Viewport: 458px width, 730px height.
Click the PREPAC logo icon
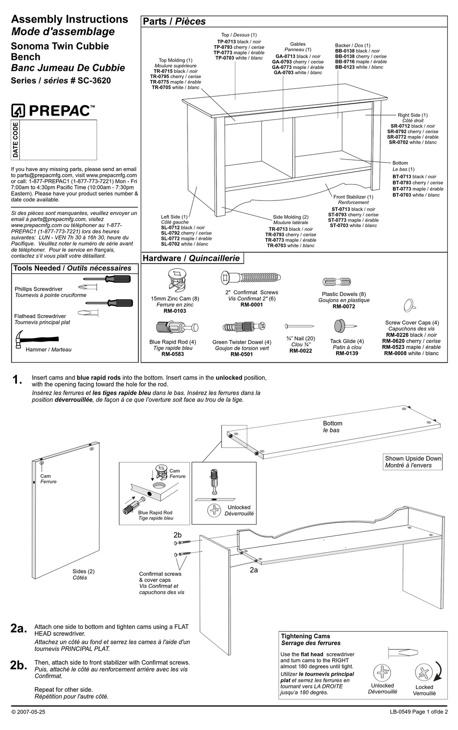[x=18, y=111]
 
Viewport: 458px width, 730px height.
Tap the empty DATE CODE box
[x=58, y=140]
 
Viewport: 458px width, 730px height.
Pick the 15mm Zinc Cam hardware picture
[x=175, y=281]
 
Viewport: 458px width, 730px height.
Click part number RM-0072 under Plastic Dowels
[x=344, y=306]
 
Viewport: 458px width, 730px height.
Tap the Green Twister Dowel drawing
[x=242, y=328]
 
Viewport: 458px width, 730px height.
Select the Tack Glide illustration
[x=343, y=326]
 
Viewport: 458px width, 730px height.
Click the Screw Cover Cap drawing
[x=410, y=305]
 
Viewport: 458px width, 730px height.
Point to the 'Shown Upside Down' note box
[x=413, y=462]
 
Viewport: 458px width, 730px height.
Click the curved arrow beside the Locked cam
[x=439, y=670]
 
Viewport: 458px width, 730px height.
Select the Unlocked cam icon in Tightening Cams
[x=382, y=672]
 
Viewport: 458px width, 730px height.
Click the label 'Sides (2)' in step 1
[x=83, y=571]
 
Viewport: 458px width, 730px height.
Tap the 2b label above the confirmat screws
[x=177, y=535]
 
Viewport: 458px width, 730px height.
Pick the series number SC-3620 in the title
[x=94, y=80]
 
